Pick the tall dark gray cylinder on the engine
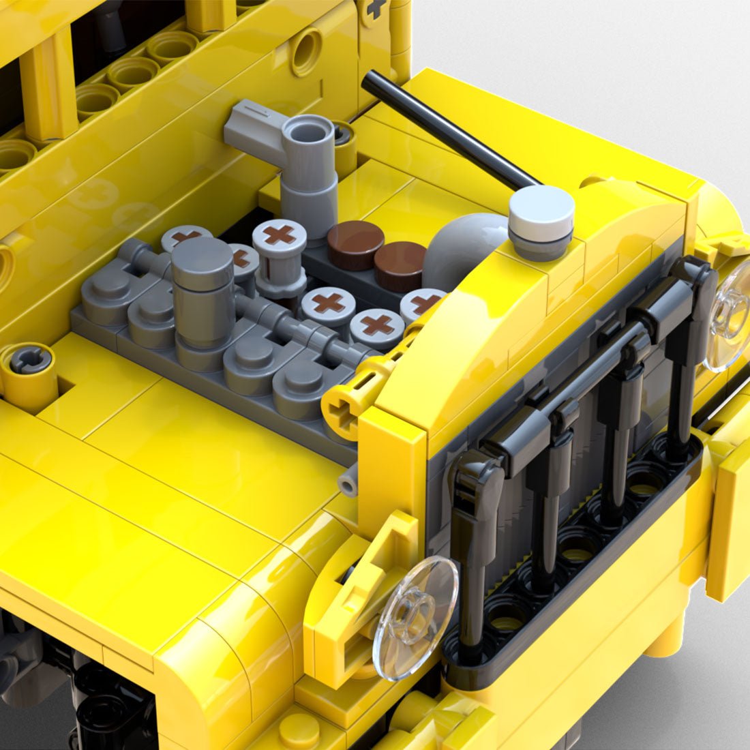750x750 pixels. pyautogui.click(x=202, y=293)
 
